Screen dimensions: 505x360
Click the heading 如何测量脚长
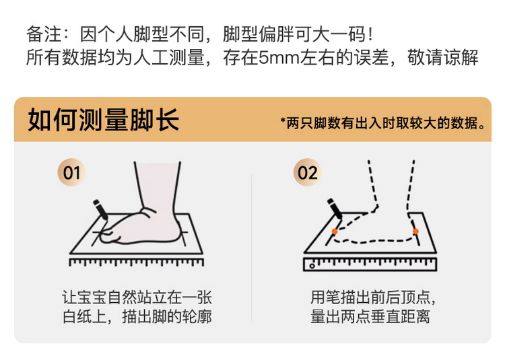[103, 122]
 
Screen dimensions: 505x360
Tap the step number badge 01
[72, 173]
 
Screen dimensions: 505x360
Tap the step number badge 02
[307, 173]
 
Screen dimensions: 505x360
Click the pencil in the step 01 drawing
[102, 209]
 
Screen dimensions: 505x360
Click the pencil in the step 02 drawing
[335, 209]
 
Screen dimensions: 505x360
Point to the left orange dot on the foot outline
[334, 231]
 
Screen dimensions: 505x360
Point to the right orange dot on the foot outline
[415, 231]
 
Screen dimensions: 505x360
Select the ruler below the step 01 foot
[136, 262]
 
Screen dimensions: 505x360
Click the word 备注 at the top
[42, 33]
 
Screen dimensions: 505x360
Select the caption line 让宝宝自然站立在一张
[137, 297]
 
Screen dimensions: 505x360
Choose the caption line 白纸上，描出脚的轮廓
[137, 316]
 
